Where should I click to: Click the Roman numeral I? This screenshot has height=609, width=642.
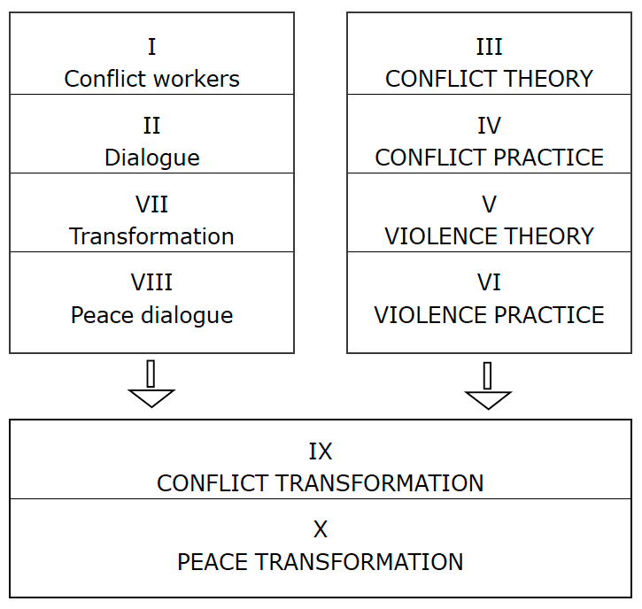[x=151, y=47]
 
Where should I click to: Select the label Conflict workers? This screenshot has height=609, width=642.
[x=152, y=79]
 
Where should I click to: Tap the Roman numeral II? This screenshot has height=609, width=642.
[x=151, y=126]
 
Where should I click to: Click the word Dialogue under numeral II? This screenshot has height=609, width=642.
[x=152, y=158]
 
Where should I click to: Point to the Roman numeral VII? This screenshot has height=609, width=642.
[x=151, y=204]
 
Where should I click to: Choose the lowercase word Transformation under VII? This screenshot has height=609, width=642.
[x=151, y=236]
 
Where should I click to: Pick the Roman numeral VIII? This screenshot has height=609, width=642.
[x=151, y=282]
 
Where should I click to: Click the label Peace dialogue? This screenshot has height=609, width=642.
[x=152, y=315]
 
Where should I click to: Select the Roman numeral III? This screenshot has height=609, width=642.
[x=489, y=47]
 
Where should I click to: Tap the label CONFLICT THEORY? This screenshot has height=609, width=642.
[x=489, y=79]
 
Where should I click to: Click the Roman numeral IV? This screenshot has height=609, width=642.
[x=489, y=126]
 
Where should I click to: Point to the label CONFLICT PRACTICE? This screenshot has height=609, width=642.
[x=489, y=158]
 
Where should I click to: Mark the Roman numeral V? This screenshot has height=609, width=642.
[x=489, y=204]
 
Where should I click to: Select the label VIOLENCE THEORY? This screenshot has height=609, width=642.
[x=489, y=236]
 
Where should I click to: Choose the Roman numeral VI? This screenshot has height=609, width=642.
[x=489, y=282]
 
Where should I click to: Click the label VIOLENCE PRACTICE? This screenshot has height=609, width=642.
[x=489, y=315]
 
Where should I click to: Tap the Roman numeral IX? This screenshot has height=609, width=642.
[x=321, y=451]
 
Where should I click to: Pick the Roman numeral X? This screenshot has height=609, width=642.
[x=321, y=529]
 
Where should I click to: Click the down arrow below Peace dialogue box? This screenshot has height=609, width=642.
[x=151, y=384]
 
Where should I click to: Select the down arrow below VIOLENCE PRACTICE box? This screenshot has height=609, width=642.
[x=488, y=386]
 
